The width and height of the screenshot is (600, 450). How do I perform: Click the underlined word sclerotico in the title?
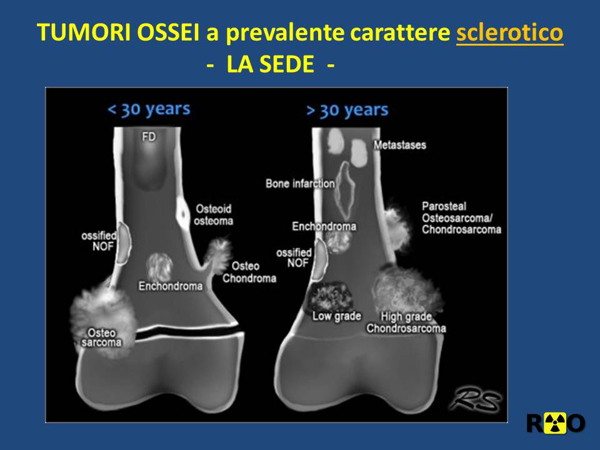point(509,32)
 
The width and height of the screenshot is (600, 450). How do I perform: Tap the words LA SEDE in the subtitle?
point(270,64)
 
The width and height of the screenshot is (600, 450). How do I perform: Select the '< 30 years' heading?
point(149,110)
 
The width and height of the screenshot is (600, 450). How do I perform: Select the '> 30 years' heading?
point(347,111)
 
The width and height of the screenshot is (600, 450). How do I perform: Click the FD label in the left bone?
point(149,137)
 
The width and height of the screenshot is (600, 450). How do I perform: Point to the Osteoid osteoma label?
point(214,214)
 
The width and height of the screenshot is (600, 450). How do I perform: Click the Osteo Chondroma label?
point(249,272)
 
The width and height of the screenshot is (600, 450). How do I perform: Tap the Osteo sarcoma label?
point(101,337)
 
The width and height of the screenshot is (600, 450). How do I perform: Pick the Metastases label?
point(400,145)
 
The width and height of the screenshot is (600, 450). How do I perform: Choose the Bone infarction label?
point(300,184)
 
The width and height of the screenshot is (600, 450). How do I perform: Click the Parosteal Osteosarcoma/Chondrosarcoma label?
point(461,218)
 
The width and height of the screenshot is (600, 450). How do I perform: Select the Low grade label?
point(337,316)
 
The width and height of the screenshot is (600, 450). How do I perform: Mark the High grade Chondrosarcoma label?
point(406,322)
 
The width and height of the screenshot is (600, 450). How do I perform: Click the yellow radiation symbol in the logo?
point(555,424)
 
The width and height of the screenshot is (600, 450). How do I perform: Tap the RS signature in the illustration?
point(476,400)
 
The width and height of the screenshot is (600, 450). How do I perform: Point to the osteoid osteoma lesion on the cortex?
point(182,214)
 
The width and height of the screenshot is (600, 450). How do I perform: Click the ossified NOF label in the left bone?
point(99,241)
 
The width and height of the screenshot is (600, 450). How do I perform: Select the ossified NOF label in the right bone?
point(294,257)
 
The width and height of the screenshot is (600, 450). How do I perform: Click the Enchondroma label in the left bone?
point(171,286)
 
